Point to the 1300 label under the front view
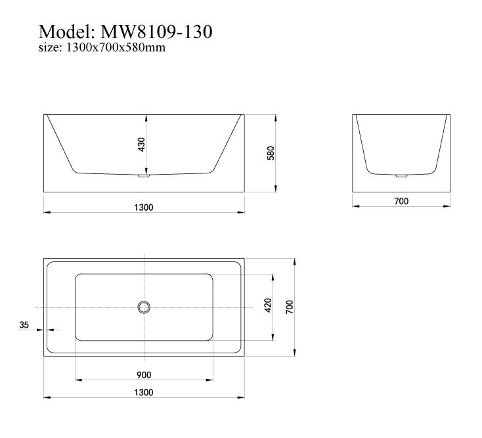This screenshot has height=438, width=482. [x=144, y=208]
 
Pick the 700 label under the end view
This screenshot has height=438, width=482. [x=401, y=201]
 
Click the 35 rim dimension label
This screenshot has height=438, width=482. [x=25, y=324]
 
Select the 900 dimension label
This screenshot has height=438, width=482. [x=144, y=375]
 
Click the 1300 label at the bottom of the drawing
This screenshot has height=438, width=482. [x=144, y=392]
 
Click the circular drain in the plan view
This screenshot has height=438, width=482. [x=144, y=307]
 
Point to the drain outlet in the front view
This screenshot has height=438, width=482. [x=144, y=175]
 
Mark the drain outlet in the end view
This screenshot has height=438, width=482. [x=401, y=175]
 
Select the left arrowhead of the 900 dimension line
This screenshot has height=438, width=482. [x=78, y=380]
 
